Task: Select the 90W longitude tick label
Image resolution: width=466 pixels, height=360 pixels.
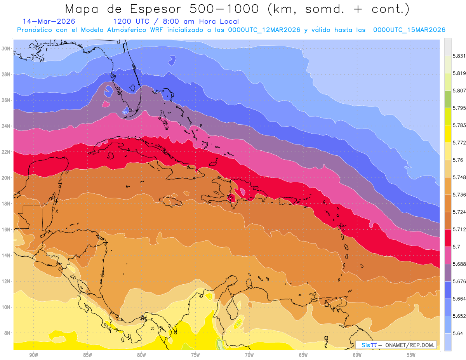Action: pyautogui.click(x=33, y=355)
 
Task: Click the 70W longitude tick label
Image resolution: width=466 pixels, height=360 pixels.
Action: pyautogui.click(x=249, y=355)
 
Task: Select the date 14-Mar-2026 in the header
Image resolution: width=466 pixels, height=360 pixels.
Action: pyautogui.click(x=49, y=22)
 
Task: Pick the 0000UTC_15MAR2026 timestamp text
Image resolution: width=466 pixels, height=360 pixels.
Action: pyautogui.click(x=409, y=30)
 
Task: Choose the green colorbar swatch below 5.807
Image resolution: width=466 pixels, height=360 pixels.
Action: pyautogui.click(x=448, y=99)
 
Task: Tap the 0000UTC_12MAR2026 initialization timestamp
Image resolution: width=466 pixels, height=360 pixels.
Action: pyautogui.click(x=264, y=30)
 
